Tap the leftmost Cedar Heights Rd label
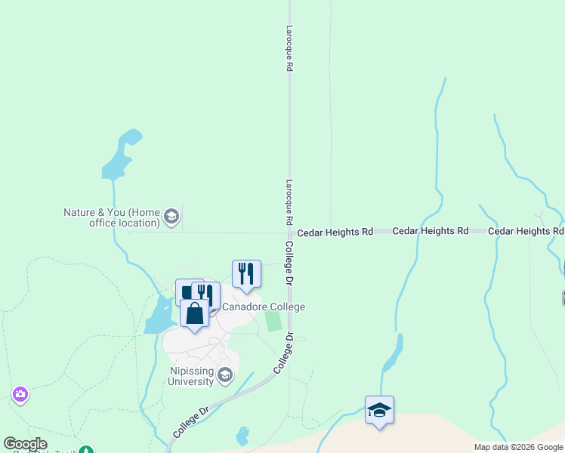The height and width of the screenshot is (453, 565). (x=335, y=233)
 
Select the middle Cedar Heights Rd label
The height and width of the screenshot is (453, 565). (x=430, y=231)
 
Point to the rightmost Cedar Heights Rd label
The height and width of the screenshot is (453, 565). (x=526, y=231)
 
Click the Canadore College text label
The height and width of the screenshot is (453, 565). (x=263, y=307)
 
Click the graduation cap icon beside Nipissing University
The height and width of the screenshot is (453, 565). (x=224, y=374)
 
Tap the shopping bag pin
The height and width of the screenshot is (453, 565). (x=194, y=313)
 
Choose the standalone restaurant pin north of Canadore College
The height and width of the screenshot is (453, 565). (x=246, y=273)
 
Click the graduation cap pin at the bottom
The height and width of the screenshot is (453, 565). (x=379, y=410)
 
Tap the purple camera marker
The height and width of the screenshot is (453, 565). (x=20, y=394)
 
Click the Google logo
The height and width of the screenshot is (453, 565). (x=25, y=444)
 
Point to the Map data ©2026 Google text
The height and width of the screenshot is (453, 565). (x=518, y=447)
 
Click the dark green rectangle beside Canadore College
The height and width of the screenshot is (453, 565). (x=273, y=320)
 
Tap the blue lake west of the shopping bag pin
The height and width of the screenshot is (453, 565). (x=159, y=316)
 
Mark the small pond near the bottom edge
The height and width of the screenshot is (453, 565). (x=242, y=436)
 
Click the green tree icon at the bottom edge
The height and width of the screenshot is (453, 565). (x=88, y=450)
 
